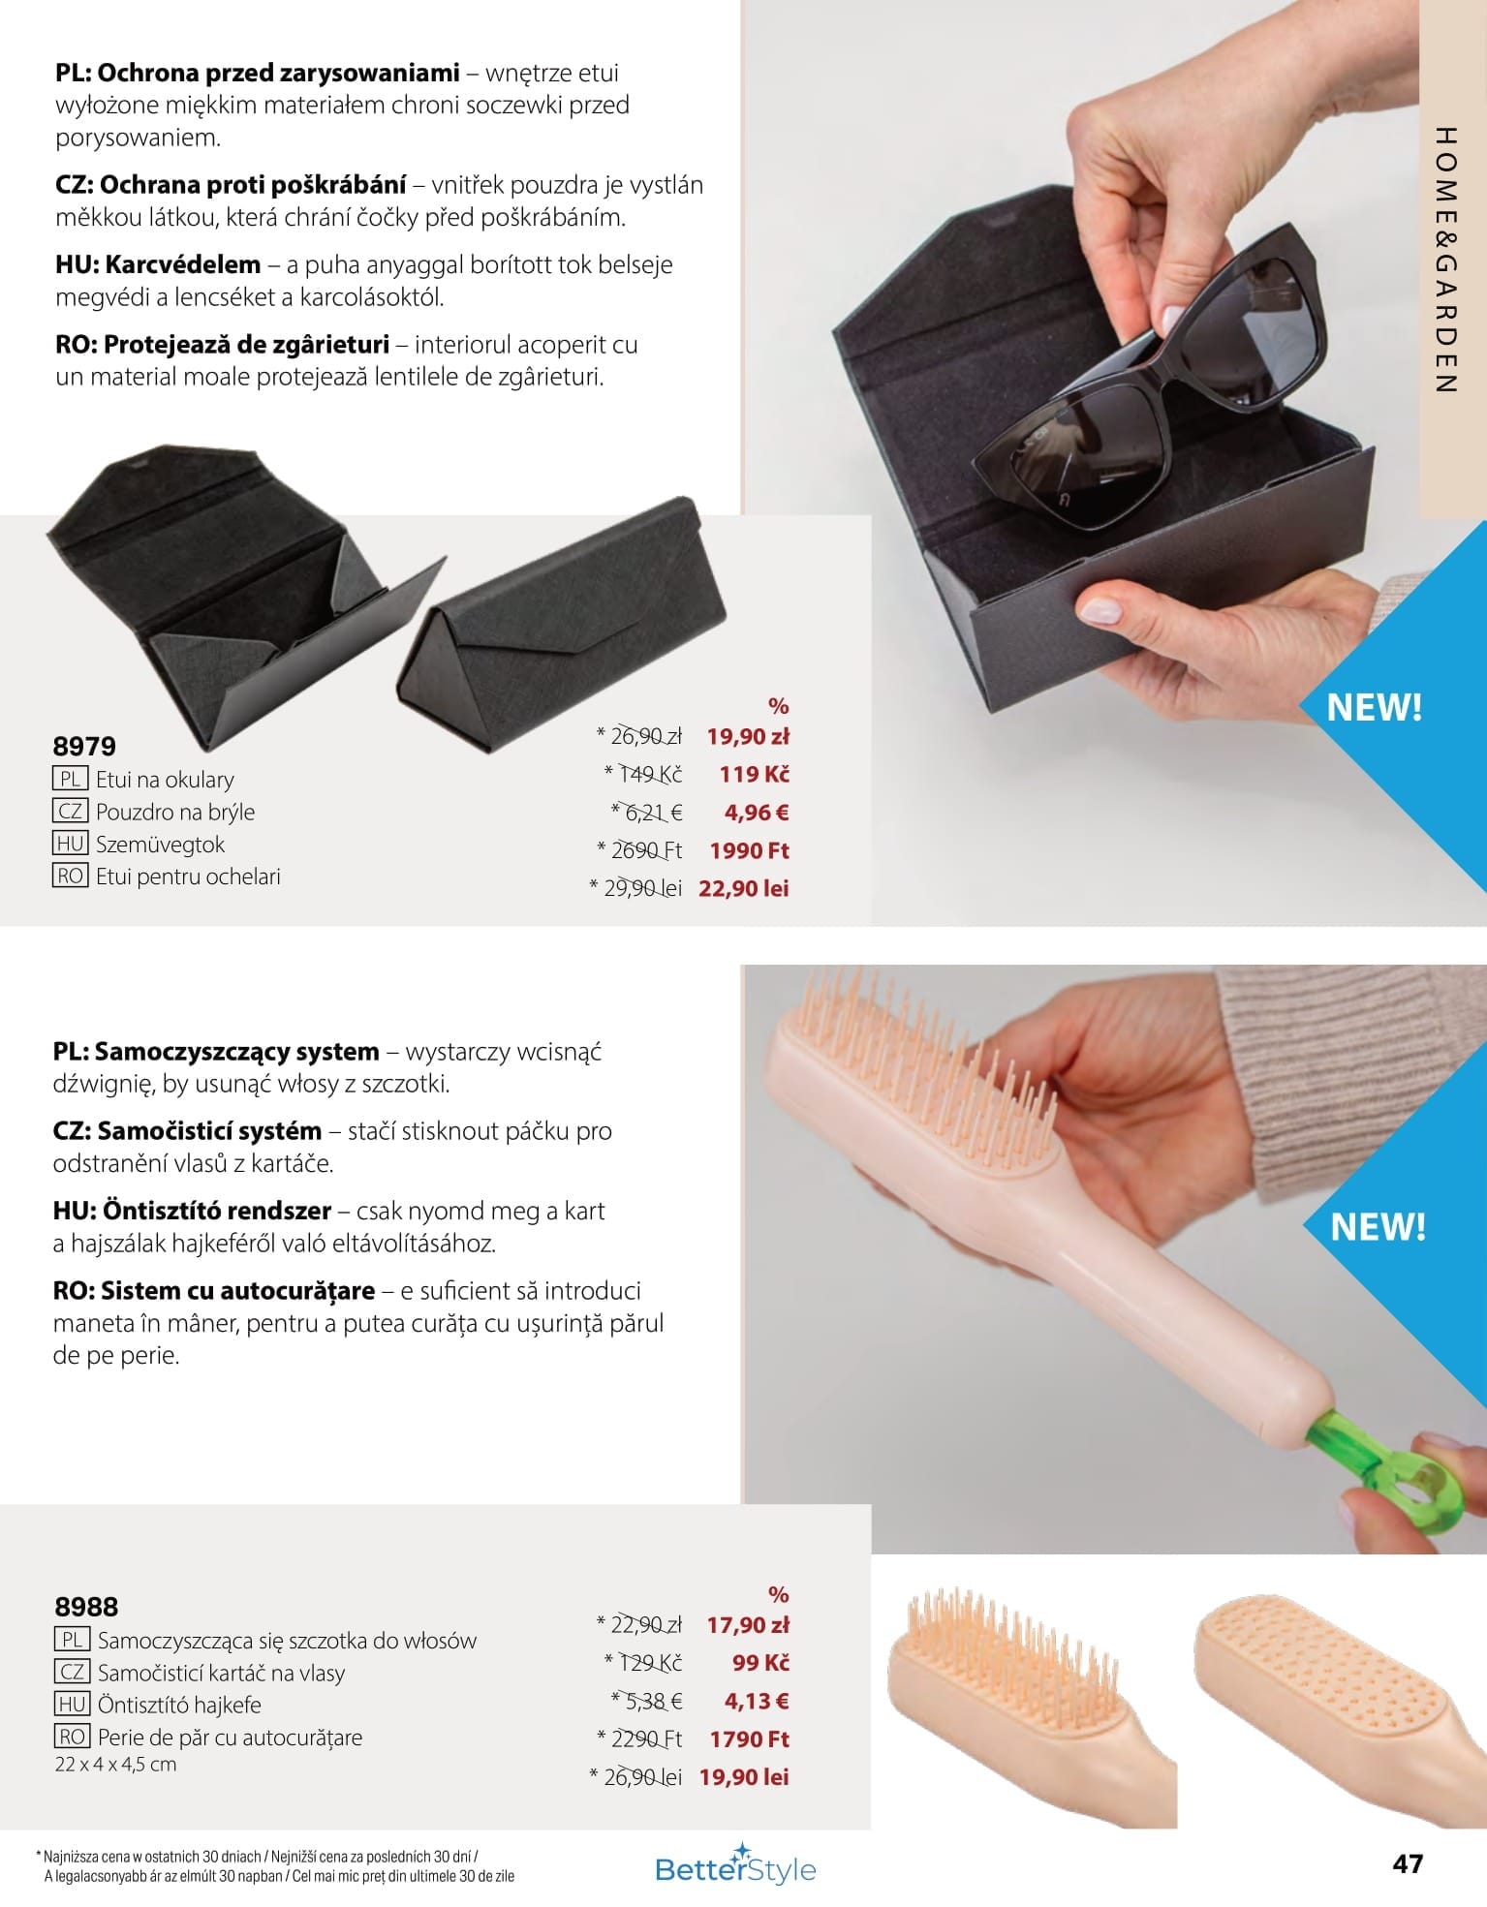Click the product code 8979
click(x=84, y=746)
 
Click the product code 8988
click(x=86, y=1607)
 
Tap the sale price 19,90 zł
click(x=748, y=736)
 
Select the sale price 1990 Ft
click(x=750, y=850)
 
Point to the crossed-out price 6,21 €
click(x=647, y=813)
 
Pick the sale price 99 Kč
click(x=760, y=1663)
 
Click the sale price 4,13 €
click(x=757, y=1701)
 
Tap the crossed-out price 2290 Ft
click(x=640, y=1738)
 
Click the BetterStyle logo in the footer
click(x=735, y=1868)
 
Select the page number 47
click(x=1407, y=1863)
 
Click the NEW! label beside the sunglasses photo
click(x=1374, y=708)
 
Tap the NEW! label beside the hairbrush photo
click(x=1378, y=1227)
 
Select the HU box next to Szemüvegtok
click(x=70, y=844)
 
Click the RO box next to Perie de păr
click(x=72, y=1737)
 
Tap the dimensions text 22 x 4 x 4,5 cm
click(x=116, y=1765)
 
